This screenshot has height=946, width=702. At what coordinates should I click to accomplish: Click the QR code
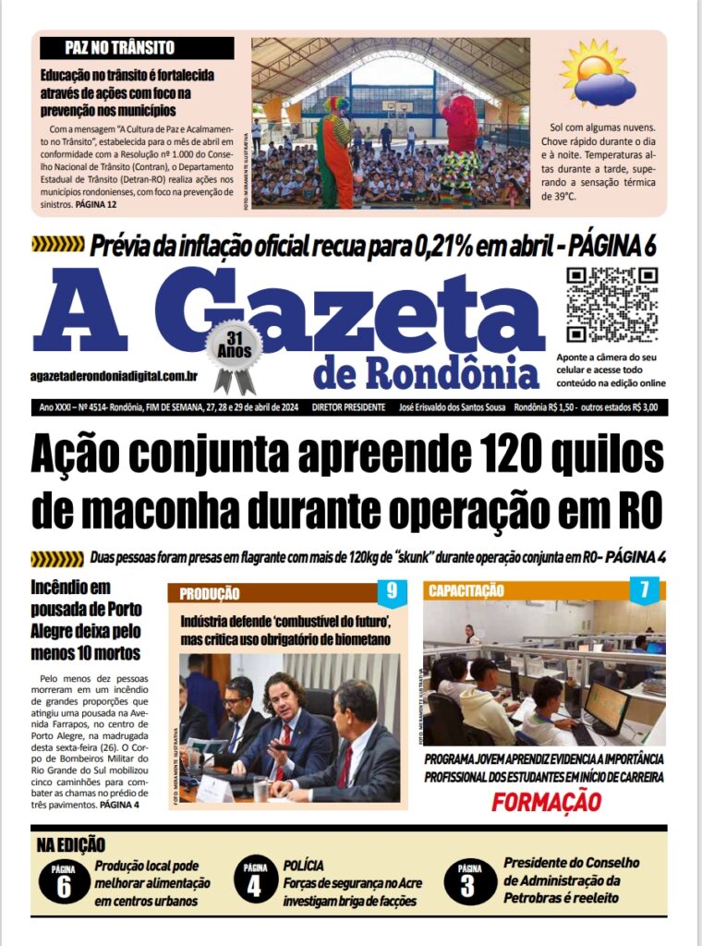(611, 305)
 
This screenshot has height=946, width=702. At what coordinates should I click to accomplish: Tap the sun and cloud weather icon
(598, 74)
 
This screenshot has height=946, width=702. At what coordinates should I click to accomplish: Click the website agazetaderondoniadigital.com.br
(115, 376)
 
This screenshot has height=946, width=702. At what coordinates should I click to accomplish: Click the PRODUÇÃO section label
(210, 594)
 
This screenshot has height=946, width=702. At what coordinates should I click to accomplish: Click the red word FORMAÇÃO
(545, 803)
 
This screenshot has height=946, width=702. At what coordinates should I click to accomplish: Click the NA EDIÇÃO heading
(71, 844)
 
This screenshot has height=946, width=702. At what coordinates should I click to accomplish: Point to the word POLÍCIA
(304, 866)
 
